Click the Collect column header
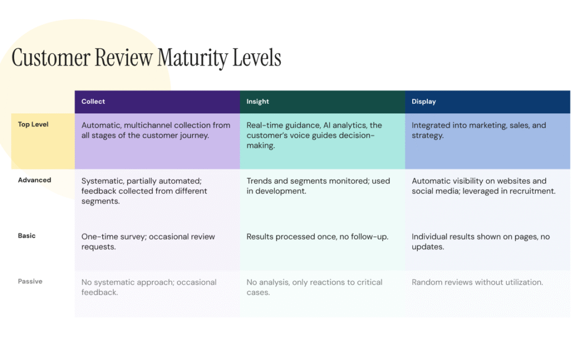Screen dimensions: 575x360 [x=93, y=102]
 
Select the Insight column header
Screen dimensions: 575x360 [x=258, y=102]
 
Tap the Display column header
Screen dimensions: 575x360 [x=424, y=102]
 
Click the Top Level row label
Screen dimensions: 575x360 [x=33, y=124]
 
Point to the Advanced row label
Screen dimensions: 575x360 [x=34, y=180]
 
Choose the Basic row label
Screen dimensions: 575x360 [x=26, y=236]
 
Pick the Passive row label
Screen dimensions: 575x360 [x=30, y=281]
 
